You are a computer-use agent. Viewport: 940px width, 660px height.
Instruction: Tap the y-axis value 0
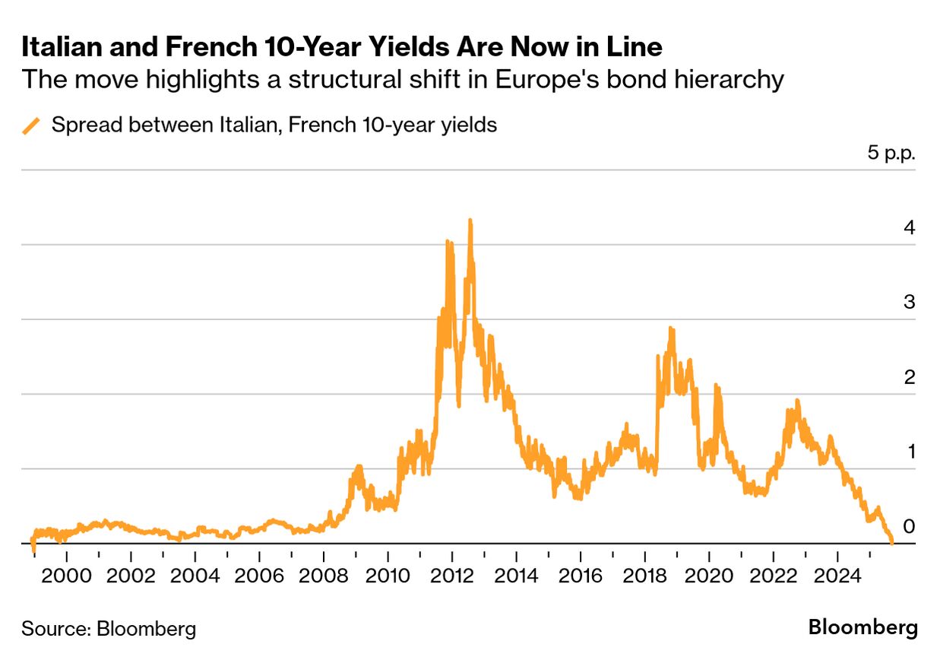(x=909, y=526)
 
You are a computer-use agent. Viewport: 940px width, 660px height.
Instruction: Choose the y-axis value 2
(x=909, y=377)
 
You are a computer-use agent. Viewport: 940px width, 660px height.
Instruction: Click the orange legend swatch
(x=31, y=125)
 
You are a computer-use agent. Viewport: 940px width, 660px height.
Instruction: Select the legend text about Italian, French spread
(x=274, y=125)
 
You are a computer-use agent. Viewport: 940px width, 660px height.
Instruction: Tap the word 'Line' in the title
(x=635, y=47)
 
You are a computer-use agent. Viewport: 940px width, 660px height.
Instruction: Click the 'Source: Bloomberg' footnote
(x=109, y=629)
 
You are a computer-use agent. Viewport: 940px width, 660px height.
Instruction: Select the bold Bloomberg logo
(x=862, y=628)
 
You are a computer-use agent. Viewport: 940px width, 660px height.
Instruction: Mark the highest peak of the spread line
(x=470, y=221)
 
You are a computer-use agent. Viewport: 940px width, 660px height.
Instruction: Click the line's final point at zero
(x=891, y=542)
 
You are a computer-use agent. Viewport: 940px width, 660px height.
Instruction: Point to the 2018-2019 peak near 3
(x=671, y=328)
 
